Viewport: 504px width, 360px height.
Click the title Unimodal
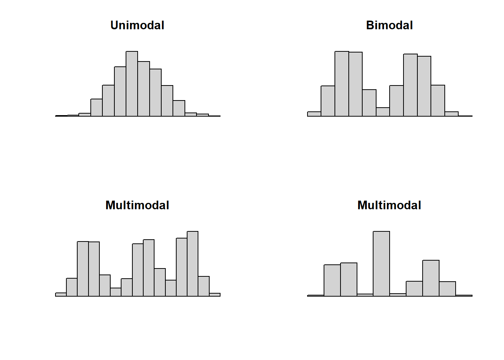coord(137,25)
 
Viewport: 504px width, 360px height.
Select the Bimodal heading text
coord(389,25)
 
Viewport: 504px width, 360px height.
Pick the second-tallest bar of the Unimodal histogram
coord(144,89)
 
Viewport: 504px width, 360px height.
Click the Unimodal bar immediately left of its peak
coord(120,91)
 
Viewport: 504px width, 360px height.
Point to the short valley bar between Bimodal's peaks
coord(382,112)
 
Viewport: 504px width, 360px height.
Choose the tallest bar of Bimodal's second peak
coord(410,85)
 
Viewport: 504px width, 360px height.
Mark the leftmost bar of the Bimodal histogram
coord(314,114)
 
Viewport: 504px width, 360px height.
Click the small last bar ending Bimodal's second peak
coord(451,114)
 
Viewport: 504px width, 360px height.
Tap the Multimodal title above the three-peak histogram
coord(137,205)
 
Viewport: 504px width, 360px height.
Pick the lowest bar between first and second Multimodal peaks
coord(115,292)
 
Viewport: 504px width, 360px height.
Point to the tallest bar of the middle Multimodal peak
coord(148,268)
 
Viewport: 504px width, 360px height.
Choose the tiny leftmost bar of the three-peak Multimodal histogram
coord(61,294)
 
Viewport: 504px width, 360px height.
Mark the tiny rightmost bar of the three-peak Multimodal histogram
coord(214,295)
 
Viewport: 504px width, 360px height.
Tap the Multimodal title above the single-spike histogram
coord(389,205)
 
